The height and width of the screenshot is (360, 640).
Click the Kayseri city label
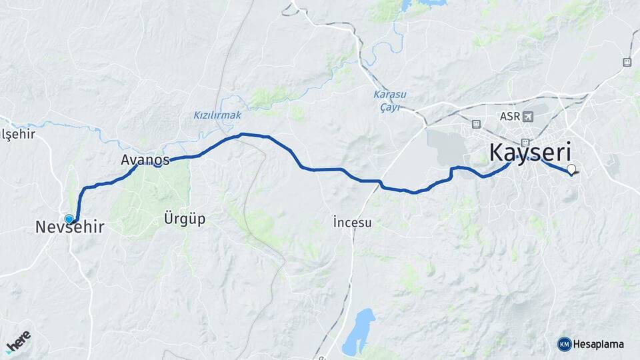coord(531,153)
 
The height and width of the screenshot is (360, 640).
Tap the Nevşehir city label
coord(69,228)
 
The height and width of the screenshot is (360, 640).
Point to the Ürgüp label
coord(184,218)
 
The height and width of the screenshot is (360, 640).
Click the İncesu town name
coord(352,223)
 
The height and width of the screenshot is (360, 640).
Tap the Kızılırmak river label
coord(217,115)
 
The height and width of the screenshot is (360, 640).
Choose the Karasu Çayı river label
coord(390,101)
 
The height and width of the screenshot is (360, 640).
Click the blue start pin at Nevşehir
coord(69,219)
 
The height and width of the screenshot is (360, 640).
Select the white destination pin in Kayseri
coord(571,169)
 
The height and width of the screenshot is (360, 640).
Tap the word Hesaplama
coord(599,345)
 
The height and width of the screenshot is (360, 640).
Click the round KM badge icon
coord(565,344)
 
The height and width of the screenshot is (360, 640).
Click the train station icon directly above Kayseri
coord(526,141)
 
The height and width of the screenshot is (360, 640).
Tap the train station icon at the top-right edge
coord(627,62)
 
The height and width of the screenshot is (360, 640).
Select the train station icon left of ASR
coord(476,124)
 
